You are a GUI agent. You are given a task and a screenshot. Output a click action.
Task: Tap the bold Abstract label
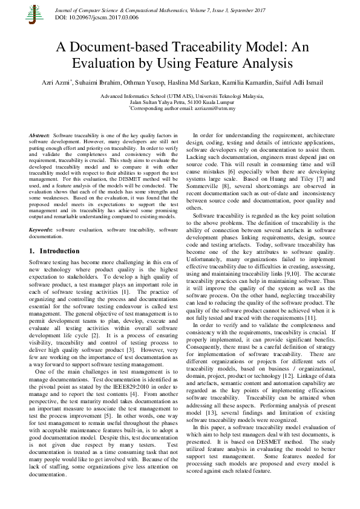tap(39, 135)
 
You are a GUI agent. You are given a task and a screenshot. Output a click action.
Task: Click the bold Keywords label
tap(41, 230)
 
